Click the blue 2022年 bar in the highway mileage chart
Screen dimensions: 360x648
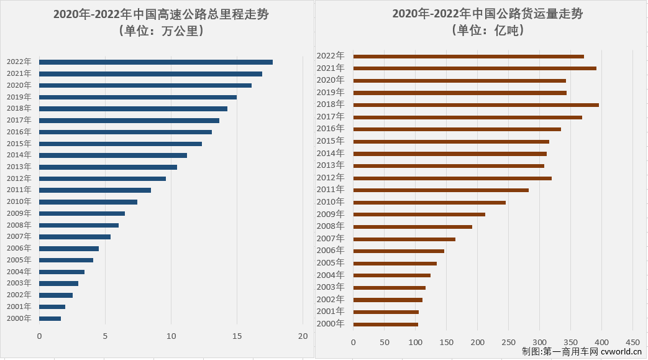(x=155, y=62)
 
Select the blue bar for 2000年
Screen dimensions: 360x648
(x=50, y=318)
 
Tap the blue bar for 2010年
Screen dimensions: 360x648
(x=88, y=201)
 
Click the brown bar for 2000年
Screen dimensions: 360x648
(x=385, y=324)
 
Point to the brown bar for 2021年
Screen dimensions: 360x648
(x=474, y=68)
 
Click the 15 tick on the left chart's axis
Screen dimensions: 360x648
(x=237, y=336)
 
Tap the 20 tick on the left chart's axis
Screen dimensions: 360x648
(x=303, y=336)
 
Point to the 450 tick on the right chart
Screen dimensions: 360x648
(x=632, y=342)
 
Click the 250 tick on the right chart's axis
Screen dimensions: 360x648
(x=508, y=342)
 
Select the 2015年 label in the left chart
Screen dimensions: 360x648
(x=19, y=144)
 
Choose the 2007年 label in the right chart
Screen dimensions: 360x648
(x=331, y=239)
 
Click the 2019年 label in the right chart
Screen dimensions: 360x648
(x=331, y=93)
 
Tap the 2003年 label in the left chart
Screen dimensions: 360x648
(x=19, y=284)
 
